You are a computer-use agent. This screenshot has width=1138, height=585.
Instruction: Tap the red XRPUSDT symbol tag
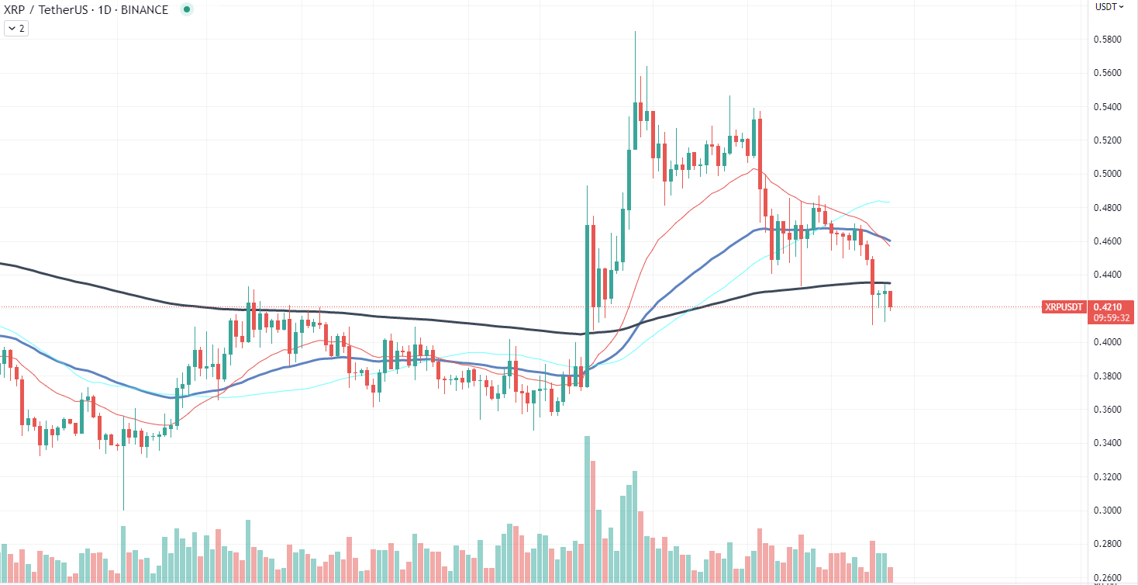click(1064, 307)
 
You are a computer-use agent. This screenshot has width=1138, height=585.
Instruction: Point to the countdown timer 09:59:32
click(1112, 318)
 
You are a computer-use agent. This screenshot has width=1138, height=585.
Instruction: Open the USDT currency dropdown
click(1109, 7)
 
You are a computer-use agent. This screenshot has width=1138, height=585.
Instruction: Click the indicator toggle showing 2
click(16, 29)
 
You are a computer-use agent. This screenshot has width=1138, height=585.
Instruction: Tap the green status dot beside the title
click(186, 10)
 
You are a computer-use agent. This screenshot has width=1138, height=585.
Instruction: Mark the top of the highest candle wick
click(635, 32)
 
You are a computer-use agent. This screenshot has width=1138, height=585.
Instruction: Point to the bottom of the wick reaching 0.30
click(123, 510)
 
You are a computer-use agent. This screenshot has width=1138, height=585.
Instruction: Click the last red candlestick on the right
click(891, 299)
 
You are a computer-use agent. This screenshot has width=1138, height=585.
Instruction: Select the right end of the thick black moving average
click(890, 283)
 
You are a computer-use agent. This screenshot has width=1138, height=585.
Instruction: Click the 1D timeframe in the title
click(104, 10)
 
